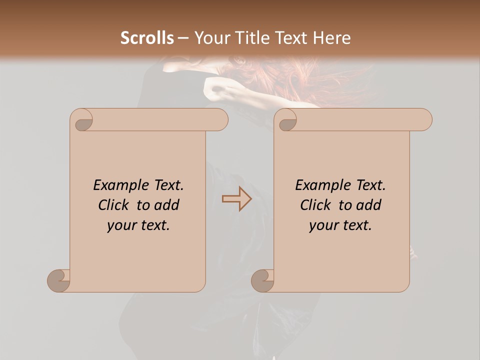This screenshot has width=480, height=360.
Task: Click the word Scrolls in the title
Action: click(147, 38)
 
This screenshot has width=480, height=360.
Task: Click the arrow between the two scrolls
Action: click(236, 199)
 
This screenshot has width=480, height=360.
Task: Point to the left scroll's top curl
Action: click(82, 120)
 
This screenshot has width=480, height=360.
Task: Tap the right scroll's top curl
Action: click(287, 120)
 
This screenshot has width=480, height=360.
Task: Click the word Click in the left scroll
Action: click(115, 205)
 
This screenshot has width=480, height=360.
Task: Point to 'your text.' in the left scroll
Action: click(138, 225)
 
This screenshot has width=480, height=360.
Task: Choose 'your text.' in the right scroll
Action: click(340, 225)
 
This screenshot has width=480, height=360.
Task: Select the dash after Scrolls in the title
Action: click(183, 38)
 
